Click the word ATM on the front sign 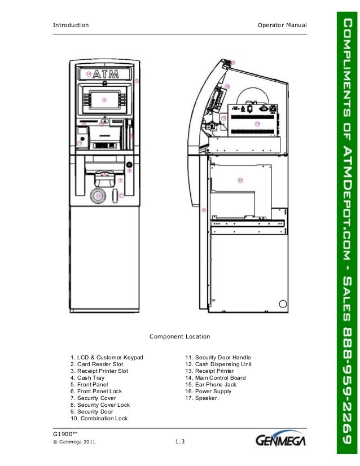[x=106, y=74]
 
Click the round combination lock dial [x=98, y=196]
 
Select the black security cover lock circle [x=129, y=165]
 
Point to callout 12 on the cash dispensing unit [x=240, y=181]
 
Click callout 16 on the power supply [x=257, y=123]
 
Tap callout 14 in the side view [x=227, y=86]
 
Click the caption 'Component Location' [x=179, y=337]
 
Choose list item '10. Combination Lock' [x=99, y=419]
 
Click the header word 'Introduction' [x=71, y=25]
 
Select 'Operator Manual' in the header [x=281, y=25]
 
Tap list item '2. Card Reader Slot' [x=96, y=364]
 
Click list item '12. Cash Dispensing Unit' [x=219, y=364]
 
